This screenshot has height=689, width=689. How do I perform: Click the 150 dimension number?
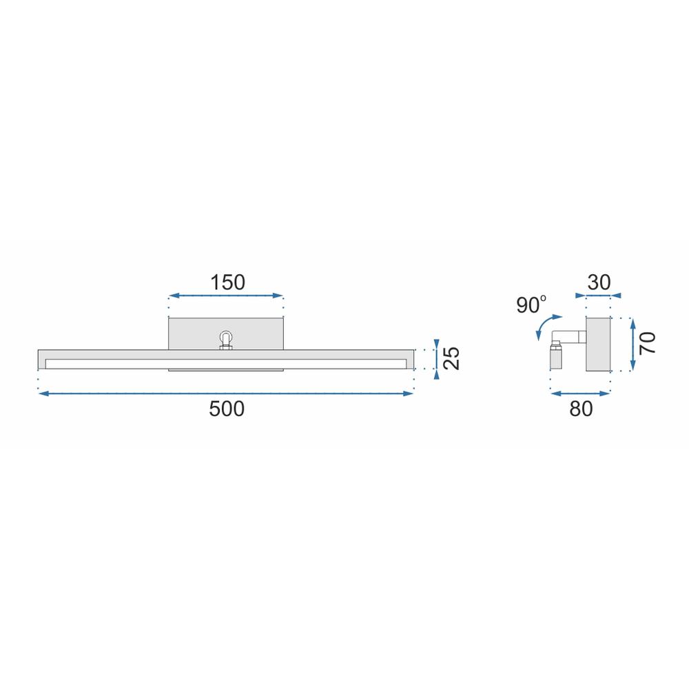coord(227,282)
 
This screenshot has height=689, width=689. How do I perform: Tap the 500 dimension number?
coord(227,409)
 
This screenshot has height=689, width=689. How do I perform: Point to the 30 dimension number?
coord(599,282)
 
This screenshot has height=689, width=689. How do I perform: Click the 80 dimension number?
coord(581,409)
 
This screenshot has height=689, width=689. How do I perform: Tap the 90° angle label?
coord(531,304)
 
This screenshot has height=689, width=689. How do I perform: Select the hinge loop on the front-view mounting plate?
coord(225,338)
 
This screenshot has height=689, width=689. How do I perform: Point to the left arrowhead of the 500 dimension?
coord(41,393)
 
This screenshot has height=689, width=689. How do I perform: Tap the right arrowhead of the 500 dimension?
coord(410,393)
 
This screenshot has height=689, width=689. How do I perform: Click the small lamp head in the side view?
coord(556,358)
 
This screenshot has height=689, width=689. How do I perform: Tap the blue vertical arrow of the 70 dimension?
coord(633,343)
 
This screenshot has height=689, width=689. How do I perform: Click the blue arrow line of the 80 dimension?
coord(580,393)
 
